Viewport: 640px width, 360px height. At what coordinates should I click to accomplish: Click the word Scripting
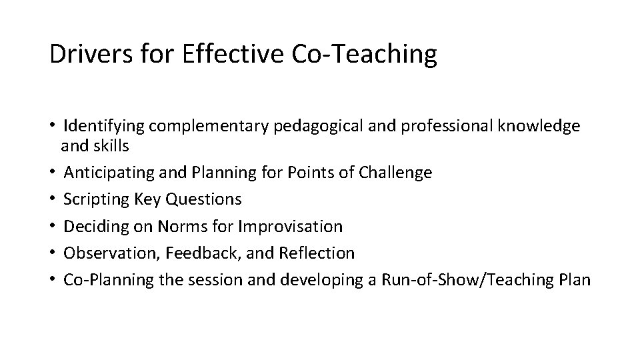pos(93,199)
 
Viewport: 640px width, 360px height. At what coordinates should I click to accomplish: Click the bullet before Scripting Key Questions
pos(52,199)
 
